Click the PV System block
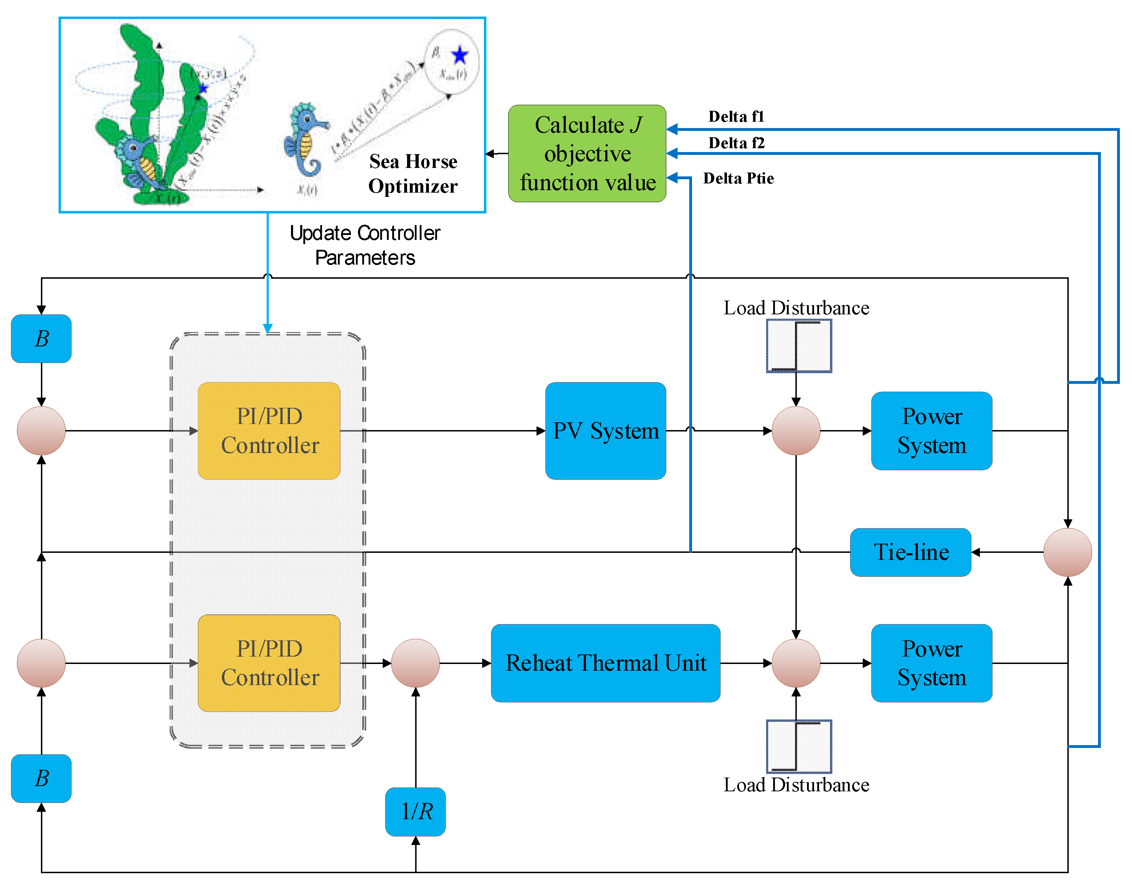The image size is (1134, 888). [x=606, y=430]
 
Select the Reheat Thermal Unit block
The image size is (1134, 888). [x=606, y=663]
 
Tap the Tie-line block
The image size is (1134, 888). [x=910, y=552]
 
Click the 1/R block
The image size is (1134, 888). [x=415, y=811]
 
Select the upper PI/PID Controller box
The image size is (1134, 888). [x=269, y=430]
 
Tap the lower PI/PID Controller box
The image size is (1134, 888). [x=269, y=663]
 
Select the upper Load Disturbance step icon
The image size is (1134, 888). [x=799, y=346]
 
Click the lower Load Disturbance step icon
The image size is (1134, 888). [x=799, y=746]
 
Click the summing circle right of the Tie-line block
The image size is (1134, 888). [x=1067, y=552]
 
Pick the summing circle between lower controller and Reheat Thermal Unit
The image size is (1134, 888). [x=415, y=663]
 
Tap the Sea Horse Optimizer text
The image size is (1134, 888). [x=413, y=174]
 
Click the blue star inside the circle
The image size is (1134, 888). [x=460, y=55]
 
